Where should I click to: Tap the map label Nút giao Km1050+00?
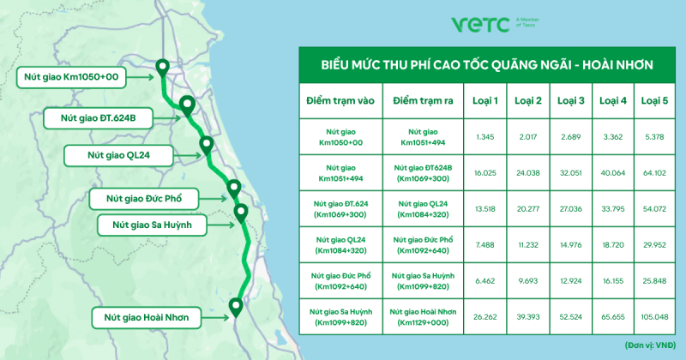(x=71, y=77)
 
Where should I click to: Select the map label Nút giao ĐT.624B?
(x=98, y=118)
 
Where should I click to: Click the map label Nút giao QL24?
(x=118, y=155)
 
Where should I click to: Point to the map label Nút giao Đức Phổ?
(x=144, y=199)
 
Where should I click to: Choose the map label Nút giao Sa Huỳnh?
(x=152, y=225)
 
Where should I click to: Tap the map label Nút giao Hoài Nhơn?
(x=147, y=318)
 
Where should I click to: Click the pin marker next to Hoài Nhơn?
(x=236, y=308)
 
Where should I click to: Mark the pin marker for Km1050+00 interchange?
(x=163, y=69)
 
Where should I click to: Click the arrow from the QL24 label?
(x=187, y=155)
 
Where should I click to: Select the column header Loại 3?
(x=571, y=100)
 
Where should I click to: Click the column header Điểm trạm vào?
(x=340, y=100)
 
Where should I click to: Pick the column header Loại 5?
(x=654, y=100)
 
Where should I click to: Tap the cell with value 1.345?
(x=485, y=137)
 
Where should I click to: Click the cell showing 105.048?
(x=654, y=316)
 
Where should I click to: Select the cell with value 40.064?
(x=613, y=173)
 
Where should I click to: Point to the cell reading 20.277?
(x=528, y=209)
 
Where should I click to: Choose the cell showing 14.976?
(x=571, y=245)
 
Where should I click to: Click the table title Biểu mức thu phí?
(x=487, y=65)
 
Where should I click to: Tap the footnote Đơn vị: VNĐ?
(x=650, y=345)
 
